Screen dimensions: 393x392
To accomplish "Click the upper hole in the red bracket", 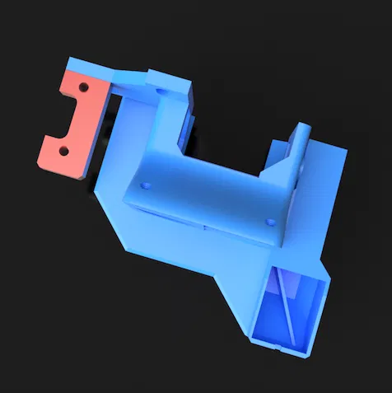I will (82, 86).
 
